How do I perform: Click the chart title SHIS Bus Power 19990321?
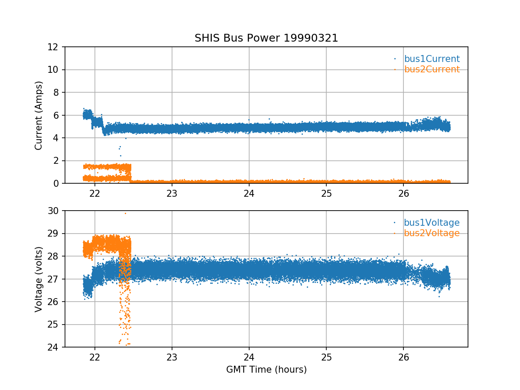[266, 38]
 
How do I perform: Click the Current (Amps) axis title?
[39, 116]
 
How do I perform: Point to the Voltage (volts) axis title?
[39, 279]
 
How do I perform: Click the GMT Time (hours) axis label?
[266, 369]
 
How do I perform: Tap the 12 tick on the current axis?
[53, 47]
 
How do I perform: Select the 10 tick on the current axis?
[53, 70]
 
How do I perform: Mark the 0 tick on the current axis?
[56, 183]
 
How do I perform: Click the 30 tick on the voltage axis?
[53, 211]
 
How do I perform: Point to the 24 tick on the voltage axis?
[53, 348]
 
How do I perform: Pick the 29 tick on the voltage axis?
[53, 234]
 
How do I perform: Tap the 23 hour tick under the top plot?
[172, 194]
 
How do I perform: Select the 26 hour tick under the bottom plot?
[403, 357]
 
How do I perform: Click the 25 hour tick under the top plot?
[326, 194]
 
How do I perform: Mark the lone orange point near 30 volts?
[125, 214]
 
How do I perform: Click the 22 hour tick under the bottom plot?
[95, 357]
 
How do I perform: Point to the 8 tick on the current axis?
[56, 93]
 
